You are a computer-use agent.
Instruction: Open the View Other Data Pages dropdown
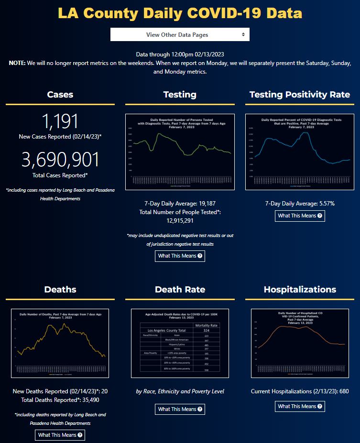pos(180,34)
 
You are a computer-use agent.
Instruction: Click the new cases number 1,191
pos(60,121)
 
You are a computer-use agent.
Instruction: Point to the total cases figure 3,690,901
pos(60,160)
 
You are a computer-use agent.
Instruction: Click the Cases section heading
pos(60,95)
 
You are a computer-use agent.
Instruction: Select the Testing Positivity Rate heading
pos(300,95)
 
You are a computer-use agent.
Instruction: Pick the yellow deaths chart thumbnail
pos(60,343)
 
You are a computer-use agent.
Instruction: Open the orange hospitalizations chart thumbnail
pos(300,343)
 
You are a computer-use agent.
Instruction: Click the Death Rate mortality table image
pos(180,343)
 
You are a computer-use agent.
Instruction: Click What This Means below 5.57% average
pos(300,216)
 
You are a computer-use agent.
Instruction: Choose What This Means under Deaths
pos(60,435)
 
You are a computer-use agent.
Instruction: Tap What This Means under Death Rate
pos(180,409)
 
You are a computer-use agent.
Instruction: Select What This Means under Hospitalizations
pos(300,406)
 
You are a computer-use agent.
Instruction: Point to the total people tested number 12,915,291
pos(180,221)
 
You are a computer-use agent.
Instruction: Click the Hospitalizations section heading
pos(300,290)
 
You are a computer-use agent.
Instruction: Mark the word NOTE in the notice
pos(18,63)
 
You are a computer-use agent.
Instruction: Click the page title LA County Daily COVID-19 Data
pos(180,13)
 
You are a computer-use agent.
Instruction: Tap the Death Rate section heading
pos(180,290)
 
